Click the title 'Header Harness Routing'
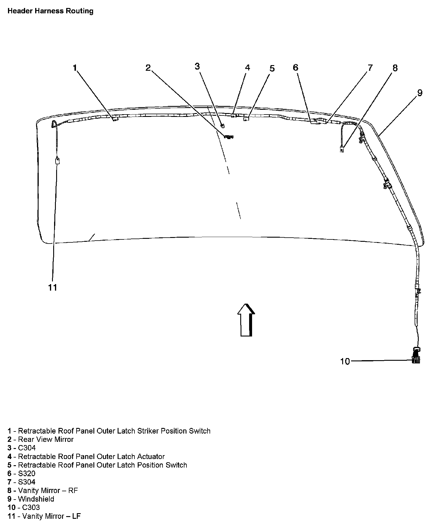coord(50,11)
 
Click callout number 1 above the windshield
coord(75,68)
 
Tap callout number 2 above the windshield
coord(148,68)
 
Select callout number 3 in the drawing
coord(197,66)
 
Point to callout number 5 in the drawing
coord(272,68)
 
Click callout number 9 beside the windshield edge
coord(420,93)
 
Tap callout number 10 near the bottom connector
coord(345,361)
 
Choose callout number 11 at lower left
coord(53,287)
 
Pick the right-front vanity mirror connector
coord(342,149)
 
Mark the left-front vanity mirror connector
coord(57,161)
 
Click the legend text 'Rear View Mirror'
coord(46,439)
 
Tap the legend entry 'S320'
coord(27,474)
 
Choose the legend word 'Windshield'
coord(36,499)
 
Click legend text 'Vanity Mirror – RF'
coord(48,490)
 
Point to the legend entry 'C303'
coord(31,508)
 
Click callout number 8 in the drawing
coord(395,68)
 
